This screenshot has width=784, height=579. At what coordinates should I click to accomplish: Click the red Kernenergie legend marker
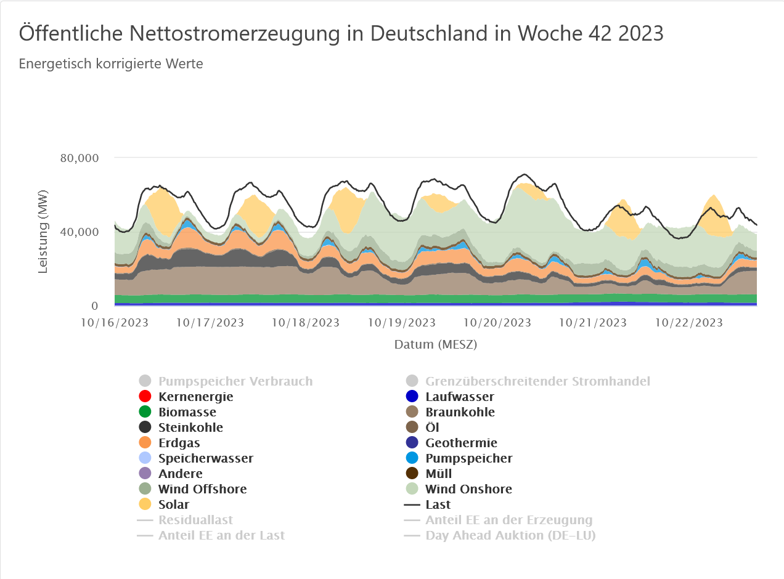point(145,397)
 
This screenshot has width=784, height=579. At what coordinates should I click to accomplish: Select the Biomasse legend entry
point(187,412)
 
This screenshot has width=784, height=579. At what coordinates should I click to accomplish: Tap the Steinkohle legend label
point(190,427)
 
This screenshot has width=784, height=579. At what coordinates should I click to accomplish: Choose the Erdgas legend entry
point(179,443)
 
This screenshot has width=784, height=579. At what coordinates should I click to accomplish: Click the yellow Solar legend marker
point(145,504)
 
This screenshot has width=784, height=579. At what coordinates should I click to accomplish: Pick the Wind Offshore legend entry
point(202,489)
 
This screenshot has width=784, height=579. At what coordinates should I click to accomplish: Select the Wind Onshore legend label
point(468,489)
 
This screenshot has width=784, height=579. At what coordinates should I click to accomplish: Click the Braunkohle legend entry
point(460,412)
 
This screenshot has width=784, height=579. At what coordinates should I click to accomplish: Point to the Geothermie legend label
point(461,443)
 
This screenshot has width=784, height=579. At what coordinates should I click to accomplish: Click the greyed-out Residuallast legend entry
point(195,520)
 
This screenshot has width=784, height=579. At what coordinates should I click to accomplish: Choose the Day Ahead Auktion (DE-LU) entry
point(510,535)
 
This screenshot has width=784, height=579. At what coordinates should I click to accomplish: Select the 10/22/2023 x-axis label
point(688,323)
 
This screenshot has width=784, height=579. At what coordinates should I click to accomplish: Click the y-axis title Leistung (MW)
point(43,232)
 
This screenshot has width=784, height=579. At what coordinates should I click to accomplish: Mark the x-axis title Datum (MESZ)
point(436,344)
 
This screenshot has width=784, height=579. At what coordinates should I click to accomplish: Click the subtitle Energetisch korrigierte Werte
point(111,63)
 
